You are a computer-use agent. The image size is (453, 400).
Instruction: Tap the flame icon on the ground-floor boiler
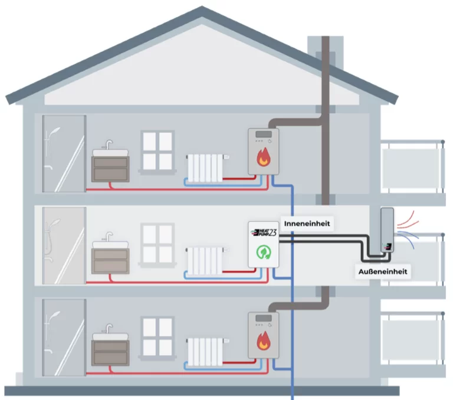point(263,341)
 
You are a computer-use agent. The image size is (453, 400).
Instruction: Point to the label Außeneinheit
point(383,272)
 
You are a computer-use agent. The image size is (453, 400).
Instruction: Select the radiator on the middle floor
point(205,260)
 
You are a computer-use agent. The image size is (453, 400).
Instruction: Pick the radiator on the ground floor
point(205,352)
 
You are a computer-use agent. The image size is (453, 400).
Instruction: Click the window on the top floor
point(157,150)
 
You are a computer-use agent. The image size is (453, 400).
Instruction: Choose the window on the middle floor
point(157,242)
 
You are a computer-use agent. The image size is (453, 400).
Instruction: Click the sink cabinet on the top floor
point(110,167)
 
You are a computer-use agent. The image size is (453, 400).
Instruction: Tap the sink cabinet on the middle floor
point(110,260)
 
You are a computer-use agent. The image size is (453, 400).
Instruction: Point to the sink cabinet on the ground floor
point(110,352)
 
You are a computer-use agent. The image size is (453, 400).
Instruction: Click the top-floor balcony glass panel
point(411,164)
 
